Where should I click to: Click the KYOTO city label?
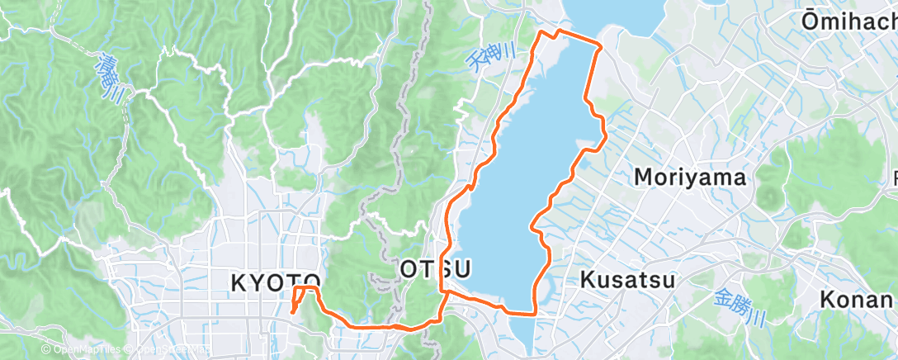pyautogui.click(x=275, y=283)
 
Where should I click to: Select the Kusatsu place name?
pyautogui.click(x=627, y=279)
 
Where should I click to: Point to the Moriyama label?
pyautogui.click(x=690, y=177)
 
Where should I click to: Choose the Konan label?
pyautogui.click(x=858, y=300)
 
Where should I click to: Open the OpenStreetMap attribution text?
pyautogui.click(x=164, y=351)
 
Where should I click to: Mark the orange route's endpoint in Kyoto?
pyautogui.click(x=292, y=313)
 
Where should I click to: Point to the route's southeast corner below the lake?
pyautogui.click(x=535, y=313)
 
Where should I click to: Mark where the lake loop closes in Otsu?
pyautogui.click(x=445, y=291)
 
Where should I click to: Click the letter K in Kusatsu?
pyautogui.click(x=587, y=279)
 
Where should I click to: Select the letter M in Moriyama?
pyautogui.click(x=643, y=177)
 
